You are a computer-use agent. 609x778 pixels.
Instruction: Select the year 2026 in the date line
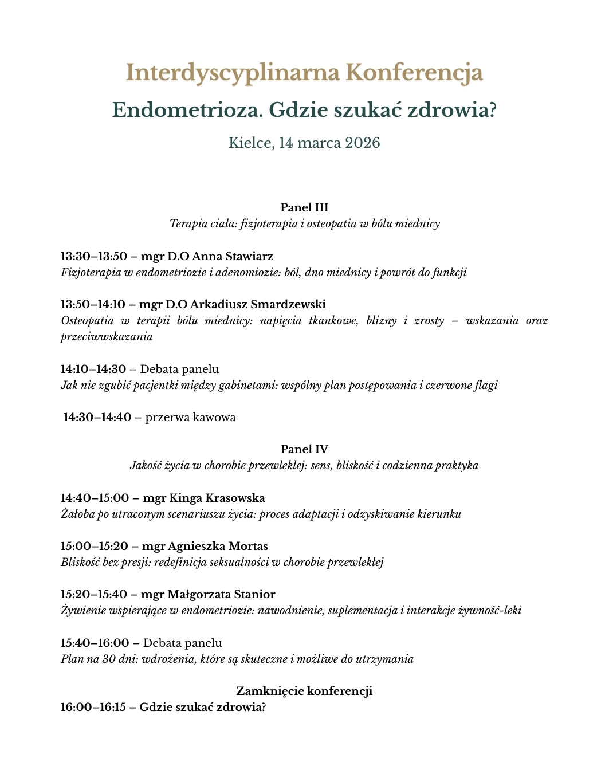pos(362,143)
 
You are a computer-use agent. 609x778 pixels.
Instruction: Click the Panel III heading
pos(304,207)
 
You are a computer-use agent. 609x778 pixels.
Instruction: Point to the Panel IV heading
pos(304,449)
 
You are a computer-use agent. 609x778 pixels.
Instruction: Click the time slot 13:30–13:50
pos(94,256)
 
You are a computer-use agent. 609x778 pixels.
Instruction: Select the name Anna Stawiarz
pos(233,256)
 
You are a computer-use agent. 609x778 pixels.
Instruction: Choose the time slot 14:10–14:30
pos(94,369)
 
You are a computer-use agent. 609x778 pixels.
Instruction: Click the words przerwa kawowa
pos(190,417)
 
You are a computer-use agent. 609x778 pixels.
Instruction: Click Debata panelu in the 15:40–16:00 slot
pos(182,643)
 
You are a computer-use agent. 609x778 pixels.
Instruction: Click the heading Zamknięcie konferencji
pos(304,691)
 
